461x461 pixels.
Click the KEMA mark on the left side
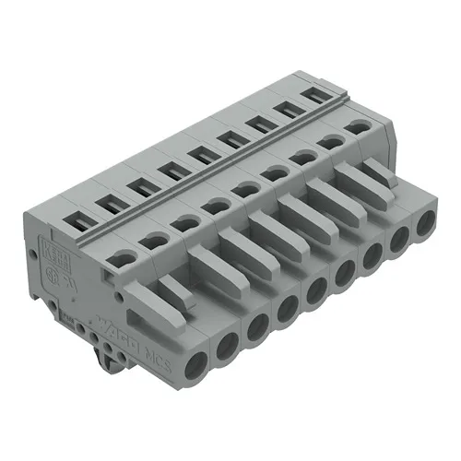(x=52, y=252)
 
